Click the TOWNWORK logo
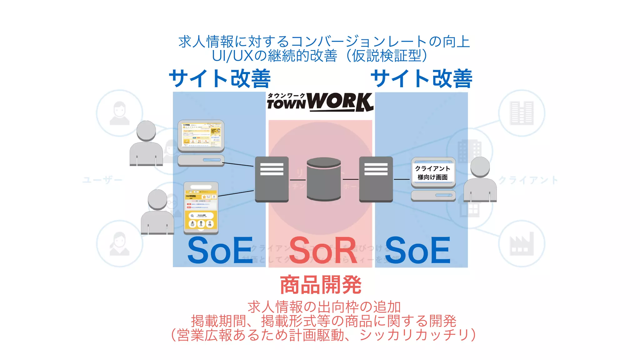pyautogui.click(x=320, y=102)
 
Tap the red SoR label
pyautogui.click(x=323, y=250)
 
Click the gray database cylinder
pyautogui.click(x=323, y=179)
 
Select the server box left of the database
pyautogui.click(x=272, y=179)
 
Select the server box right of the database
pyautogui.click(x=376, y=179)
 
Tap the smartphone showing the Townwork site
pyautogui.click(x=201, y=208)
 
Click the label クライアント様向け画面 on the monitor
pyautogui.click(x=433, y=173)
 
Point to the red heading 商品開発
pyautogui.click(x=321, y=285)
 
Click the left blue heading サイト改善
pyautogui.click(x=220, y=78)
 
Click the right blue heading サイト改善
pyautogui.click(x=421, y=78)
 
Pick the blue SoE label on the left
pyautogui.click(x=220, y=250)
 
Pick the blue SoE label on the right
pyautogui.click(x=417, y=250)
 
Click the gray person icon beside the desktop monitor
pyautogui.click(x=146, y=144)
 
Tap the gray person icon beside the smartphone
pyautogui.click(x=157, y=212)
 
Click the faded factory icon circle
pyautogui.click(x=522, y=244)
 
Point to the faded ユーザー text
pyautogui.click(x=102, y=180)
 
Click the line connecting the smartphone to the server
pyautogui.click(x=236, y=193)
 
